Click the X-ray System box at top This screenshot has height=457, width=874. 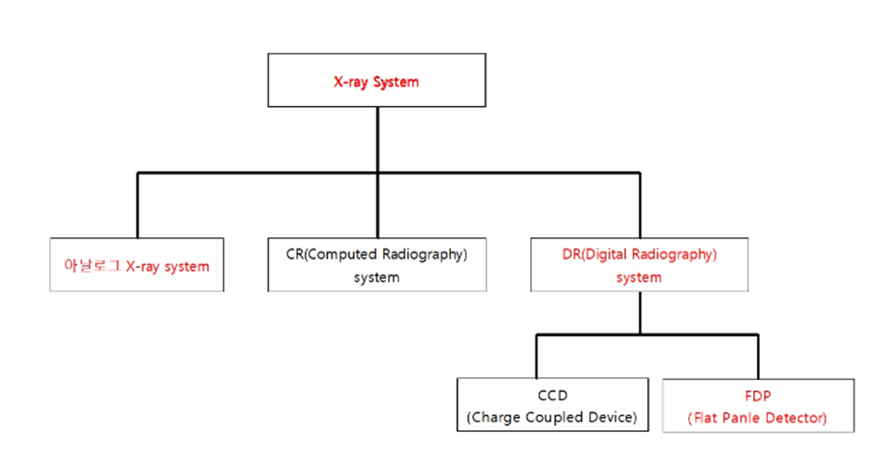(x=376, y=80)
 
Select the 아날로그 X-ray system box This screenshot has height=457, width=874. (x=137, y=265)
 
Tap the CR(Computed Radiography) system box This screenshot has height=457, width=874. (x=376, y=265)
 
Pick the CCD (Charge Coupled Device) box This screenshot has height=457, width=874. (x=552, y=404)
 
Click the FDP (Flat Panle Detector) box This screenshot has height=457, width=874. (x=757, y=405)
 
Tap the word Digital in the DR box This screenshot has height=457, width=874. (x=604, y=253)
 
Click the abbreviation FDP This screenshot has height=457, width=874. (x=757, y=394)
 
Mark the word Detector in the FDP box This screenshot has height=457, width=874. (x=796, y=418)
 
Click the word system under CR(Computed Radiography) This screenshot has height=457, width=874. (x=376, y=277)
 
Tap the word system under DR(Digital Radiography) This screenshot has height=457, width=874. (x=639, y=277)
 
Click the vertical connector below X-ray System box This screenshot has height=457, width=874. (x=377, y=140)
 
